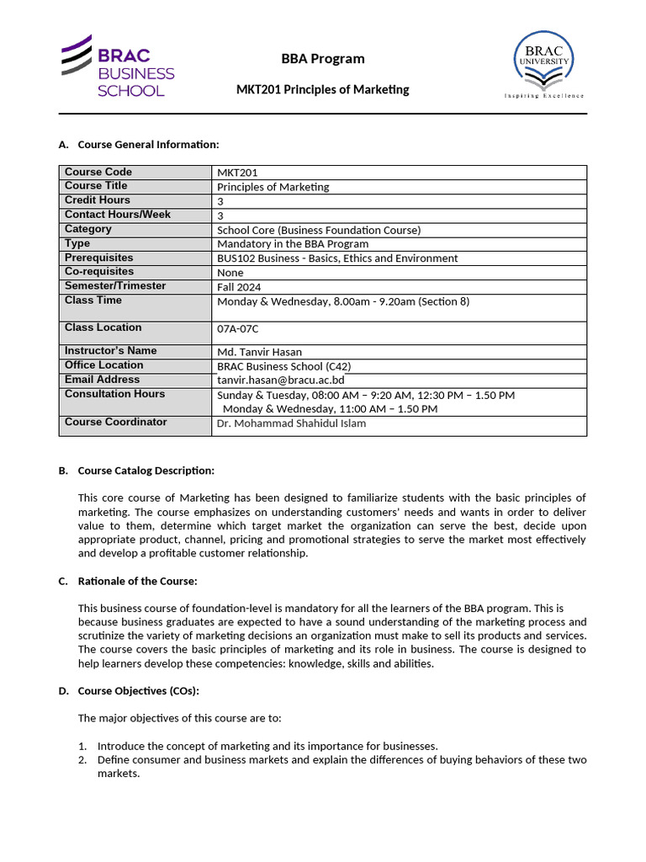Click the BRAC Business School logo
click(117, 67)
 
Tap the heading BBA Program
click(323, 59)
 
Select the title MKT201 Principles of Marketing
click(323, 89)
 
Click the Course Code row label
click(98, 172)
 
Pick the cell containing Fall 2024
click(238, 287)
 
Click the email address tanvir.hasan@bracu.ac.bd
click(280, 380)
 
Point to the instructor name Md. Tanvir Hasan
click(259, 352)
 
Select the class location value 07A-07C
click(238, 329)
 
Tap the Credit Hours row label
click(98, 200)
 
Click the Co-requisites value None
click(230, 273)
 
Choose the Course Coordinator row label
click(116, 422)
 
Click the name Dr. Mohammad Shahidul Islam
click(291, 423)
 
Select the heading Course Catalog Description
click(146, 471)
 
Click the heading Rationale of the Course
click(137, 581)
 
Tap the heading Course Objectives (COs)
click(138, 691)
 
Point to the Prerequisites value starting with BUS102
click(337, 258)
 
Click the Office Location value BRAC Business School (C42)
click(284, 366)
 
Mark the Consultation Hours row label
click(115, 394)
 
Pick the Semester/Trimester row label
click(115, 286)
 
